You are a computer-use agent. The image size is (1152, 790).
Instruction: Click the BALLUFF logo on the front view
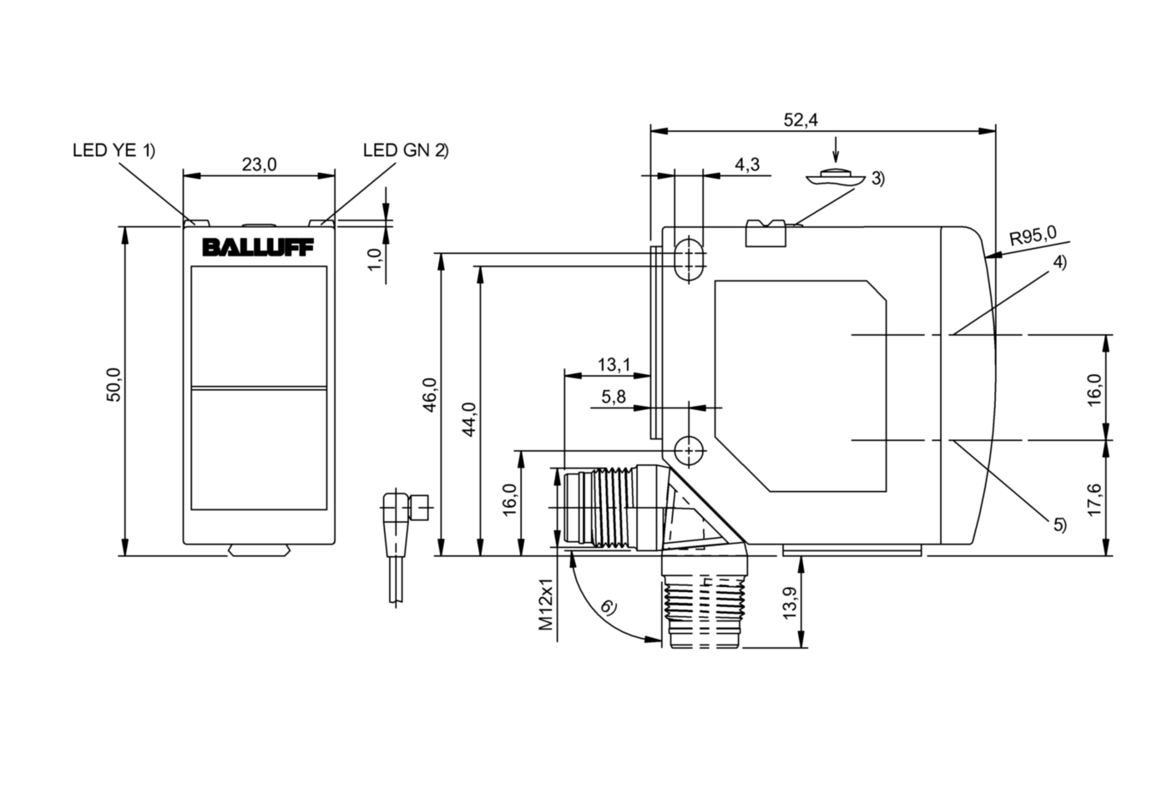pos(258,248)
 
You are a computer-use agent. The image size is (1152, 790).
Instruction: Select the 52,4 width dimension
pos(800,120)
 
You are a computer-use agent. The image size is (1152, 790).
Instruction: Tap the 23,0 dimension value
pos(259,165)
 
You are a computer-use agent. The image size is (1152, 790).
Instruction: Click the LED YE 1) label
pos(114,150)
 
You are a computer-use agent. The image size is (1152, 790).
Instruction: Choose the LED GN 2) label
pos(406,150)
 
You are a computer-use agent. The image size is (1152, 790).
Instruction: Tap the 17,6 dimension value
pos(1095,499)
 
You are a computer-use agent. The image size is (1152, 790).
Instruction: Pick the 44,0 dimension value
pos(469,419)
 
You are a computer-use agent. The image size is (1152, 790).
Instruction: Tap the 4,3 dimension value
pos(747,165)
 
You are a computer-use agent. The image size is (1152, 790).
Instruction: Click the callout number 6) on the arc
pos(609,607)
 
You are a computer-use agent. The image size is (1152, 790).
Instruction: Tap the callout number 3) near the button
pos(877,178)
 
